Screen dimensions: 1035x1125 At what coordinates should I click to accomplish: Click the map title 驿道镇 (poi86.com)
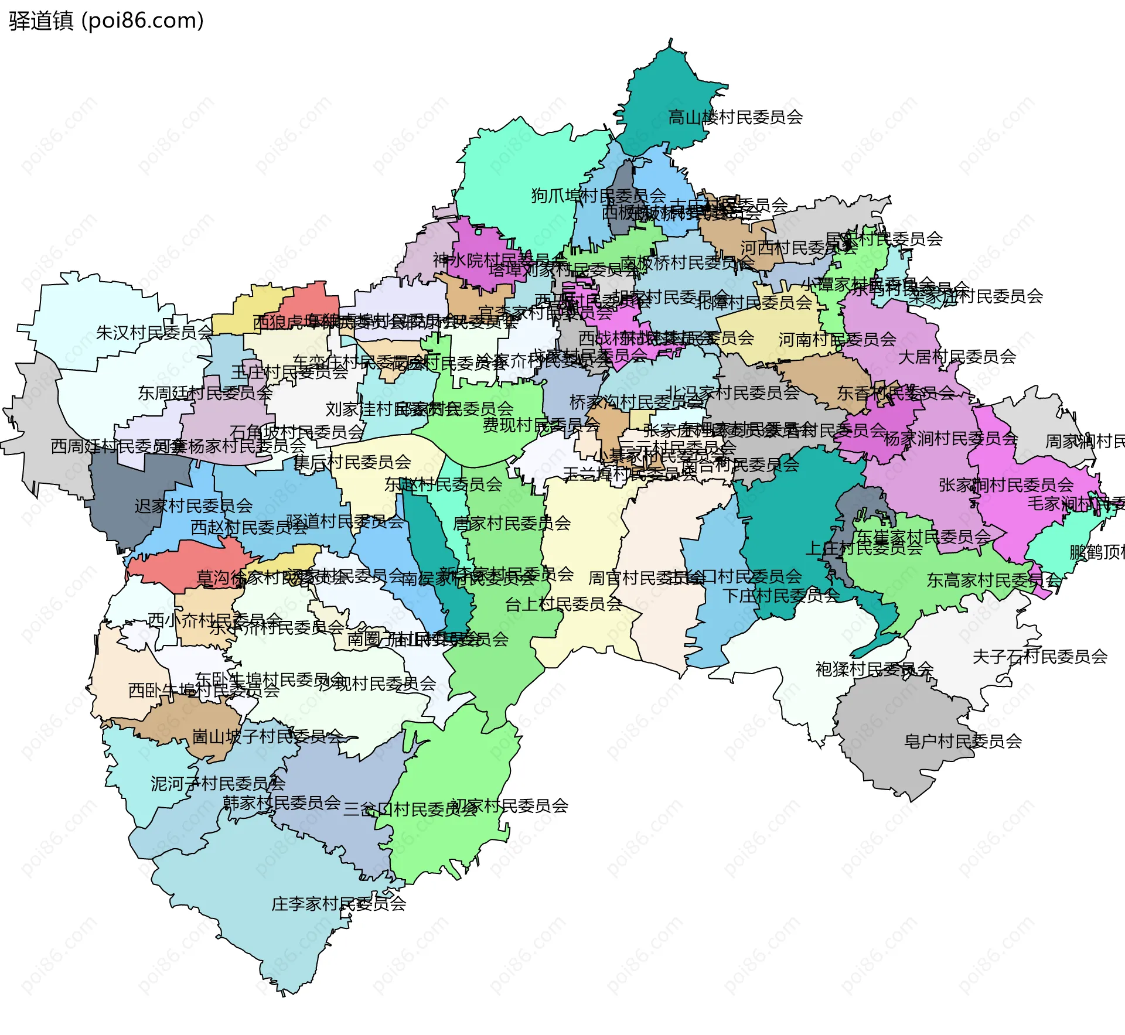(106, 21)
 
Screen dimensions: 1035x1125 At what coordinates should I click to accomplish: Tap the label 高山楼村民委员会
(735, 117)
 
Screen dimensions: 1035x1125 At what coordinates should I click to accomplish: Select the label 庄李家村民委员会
(338, 904)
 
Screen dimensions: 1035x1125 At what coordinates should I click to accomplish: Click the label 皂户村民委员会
(963, 742)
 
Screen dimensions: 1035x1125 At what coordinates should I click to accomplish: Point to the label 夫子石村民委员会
(1039, 657)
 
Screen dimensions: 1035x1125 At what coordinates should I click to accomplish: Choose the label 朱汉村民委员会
(155, 333)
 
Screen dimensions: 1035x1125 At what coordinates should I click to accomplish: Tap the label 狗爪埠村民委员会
(598, 195)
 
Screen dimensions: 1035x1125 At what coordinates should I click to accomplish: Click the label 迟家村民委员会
(193, 505)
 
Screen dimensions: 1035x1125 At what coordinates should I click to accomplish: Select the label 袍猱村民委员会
(874, 669)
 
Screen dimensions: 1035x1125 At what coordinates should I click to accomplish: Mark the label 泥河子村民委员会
(218, 783)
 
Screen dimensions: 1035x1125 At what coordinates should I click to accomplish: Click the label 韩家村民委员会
(281, 802)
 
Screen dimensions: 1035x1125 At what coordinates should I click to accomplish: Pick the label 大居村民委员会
(957, 356)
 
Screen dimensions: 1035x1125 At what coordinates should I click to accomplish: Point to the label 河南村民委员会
(837, 339)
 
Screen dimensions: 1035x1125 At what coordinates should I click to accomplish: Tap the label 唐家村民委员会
(512, 523)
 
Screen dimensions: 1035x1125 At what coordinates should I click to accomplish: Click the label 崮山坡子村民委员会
(267, 736)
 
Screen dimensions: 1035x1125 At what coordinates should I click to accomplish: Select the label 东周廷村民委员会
(205, 392)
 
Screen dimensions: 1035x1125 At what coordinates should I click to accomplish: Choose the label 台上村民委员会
(563, 604)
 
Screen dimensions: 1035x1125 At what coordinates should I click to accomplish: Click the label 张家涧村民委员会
(1005, 485)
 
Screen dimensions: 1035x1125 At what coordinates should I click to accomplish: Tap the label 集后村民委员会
(352, 462)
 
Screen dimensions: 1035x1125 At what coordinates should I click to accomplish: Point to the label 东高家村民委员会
(993, 580)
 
